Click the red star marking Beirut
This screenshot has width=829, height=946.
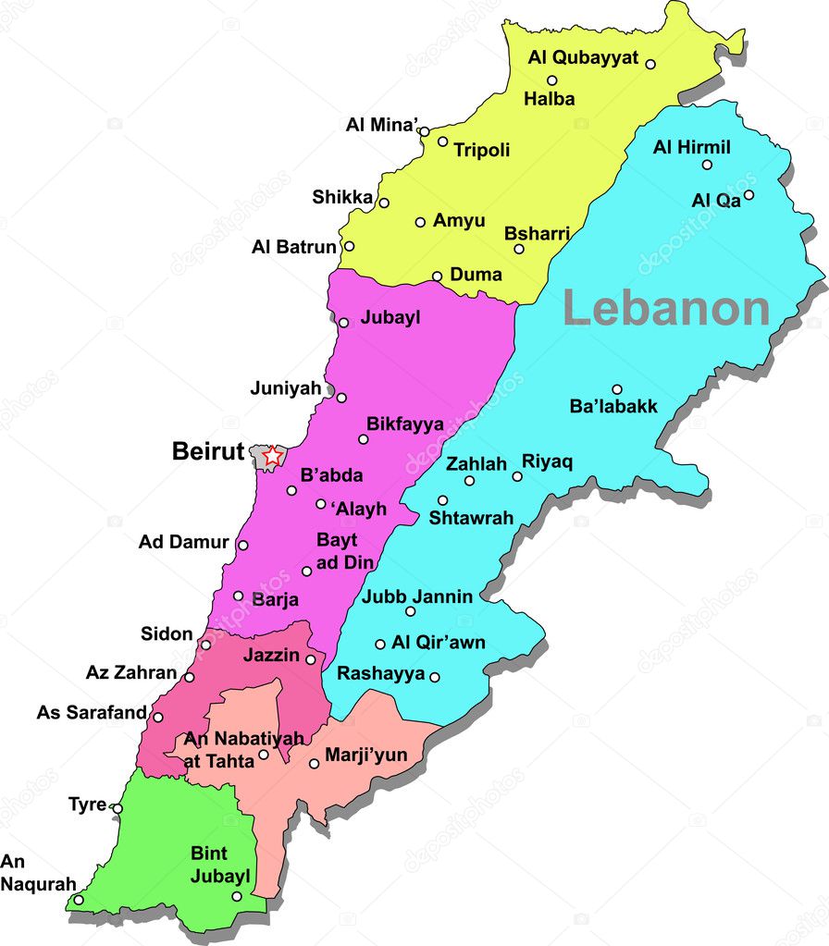(x=271, y=455)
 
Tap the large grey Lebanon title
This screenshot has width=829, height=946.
(x=666, y=308)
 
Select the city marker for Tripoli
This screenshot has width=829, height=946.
(x=442, y=141)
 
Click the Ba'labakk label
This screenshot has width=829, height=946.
(x=613, y=407)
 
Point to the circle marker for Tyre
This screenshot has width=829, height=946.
(x=118, y=807)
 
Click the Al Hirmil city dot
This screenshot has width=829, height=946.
(x=707, y=165)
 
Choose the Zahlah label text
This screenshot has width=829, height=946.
(x=476, y=464)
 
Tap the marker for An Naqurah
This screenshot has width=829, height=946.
(x=79, y=899)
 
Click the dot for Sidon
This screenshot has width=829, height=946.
(x=205, y=644)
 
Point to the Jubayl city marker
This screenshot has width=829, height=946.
(x=343, y=323)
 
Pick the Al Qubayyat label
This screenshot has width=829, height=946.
(x=583, y=57)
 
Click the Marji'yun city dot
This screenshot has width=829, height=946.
(x=315, y=764)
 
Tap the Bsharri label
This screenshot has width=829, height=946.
(x=537, y=233)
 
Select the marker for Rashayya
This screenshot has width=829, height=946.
(x=435, y=677)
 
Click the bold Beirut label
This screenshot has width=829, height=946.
(x=208, y=452)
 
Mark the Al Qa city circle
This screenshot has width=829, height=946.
(x=749, y=194)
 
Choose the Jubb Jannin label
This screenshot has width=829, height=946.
(x=417, y=596)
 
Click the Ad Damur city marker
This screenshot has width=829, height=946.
(x=242, y=545)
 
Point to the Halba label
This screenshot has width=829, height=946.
(x=549, y=99)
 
